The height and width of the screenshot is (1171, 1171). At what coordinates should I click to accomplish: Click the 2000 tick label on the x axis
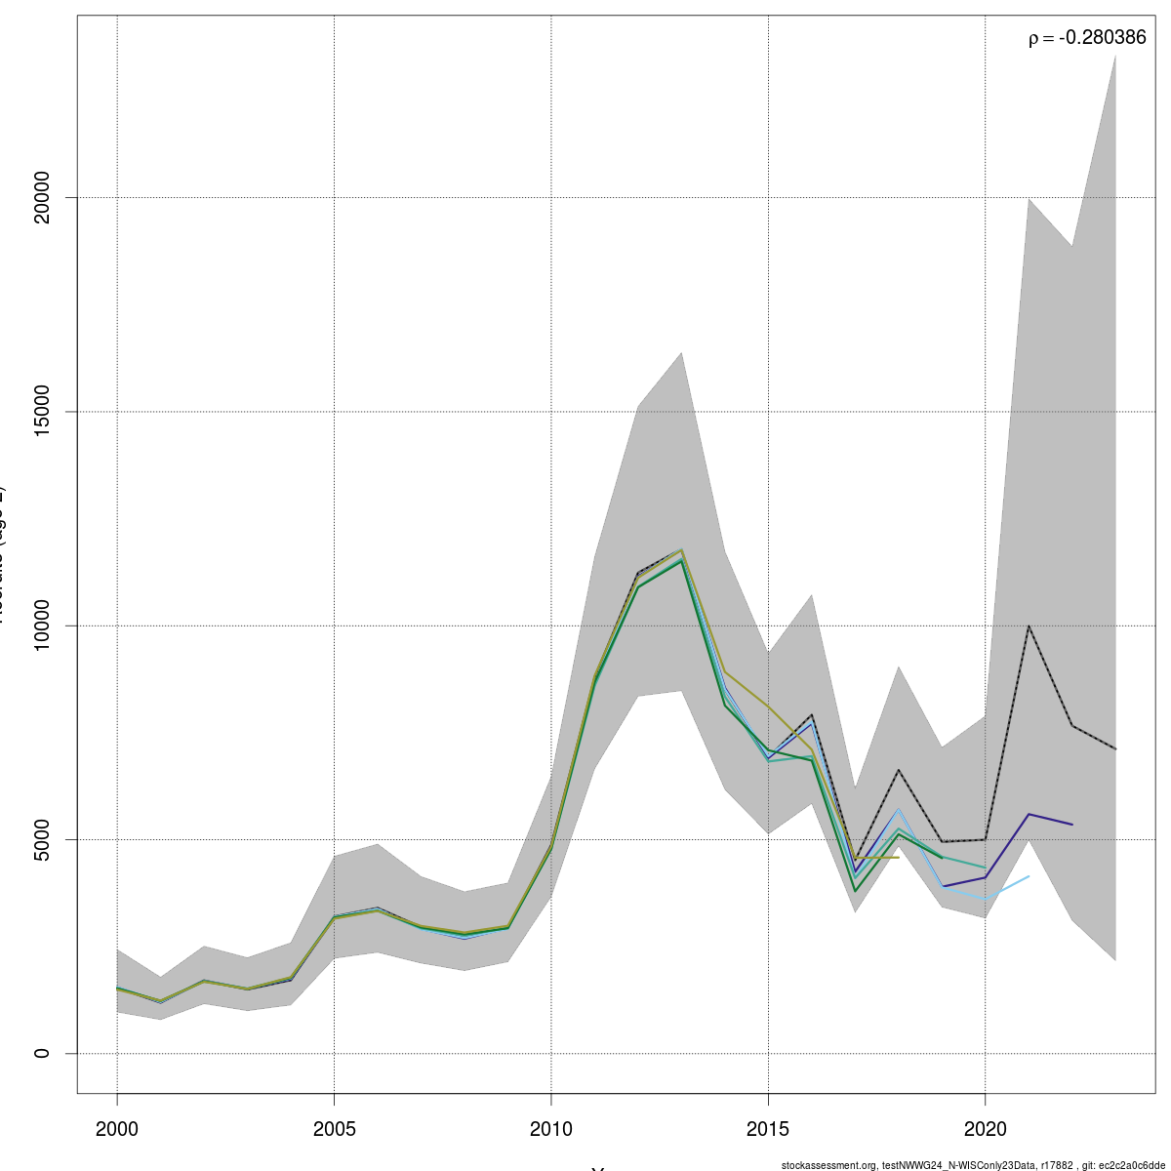click(117, 1129)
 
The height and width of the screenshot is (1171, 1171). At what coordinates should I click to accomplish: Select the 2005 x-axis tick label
click(335, 1129)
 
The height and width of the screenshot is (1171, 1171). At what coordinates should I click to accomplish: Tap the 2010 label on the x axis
click(551, 1129)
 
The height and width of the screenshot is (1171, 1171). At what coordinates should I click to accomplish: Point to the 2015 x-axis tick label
click(769, 1129)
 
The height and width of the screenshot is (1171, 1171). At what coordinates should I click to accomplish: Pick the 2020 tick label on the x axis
click(986, 1129)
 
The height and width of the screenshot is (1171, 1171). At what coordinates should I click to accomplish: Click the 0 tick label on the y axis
click(41, 1053)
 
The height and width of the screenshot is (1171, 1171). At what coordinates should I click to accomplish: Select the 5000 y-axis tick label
click(41, 839)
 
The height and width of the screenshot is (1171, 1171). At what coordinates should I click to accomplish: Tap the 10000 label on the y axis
click(41, 626)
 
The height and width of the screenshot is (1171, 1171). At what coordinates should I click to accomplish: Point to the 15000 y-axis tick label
click(41, 412)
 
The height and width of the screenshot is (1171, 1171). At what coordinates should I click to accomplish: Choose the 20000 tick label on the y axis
click(41, 198)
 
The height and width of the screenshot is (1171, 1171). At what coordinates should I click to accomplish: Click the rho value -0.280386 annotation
click(1086, 38)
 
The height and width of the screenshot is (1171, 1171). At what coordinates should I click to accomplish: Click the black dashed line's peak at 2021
click(1029, 626)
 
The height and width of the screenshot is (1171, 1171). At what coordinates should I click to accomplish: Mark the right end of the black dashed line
click(1115, 748)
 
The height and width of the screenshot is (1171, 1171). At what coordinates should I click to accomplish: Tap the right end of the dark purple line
click(1072, 825)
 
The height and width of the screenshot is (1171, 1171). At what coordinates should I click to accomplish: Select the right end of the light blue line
click(1029, 876)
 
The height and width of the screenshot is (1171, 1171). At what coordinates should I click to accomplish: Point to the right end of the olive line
click(898, 857)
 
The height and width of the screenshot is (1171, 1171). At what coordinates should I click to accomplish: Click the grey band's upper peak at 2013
click(681, 352)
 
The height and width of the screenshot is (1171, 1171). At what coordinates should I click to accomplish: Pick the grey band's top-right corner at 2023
click(1115, 56)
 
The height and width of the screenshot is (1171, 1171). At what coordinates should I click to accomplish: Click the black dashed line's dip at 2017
click(855, 860)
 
